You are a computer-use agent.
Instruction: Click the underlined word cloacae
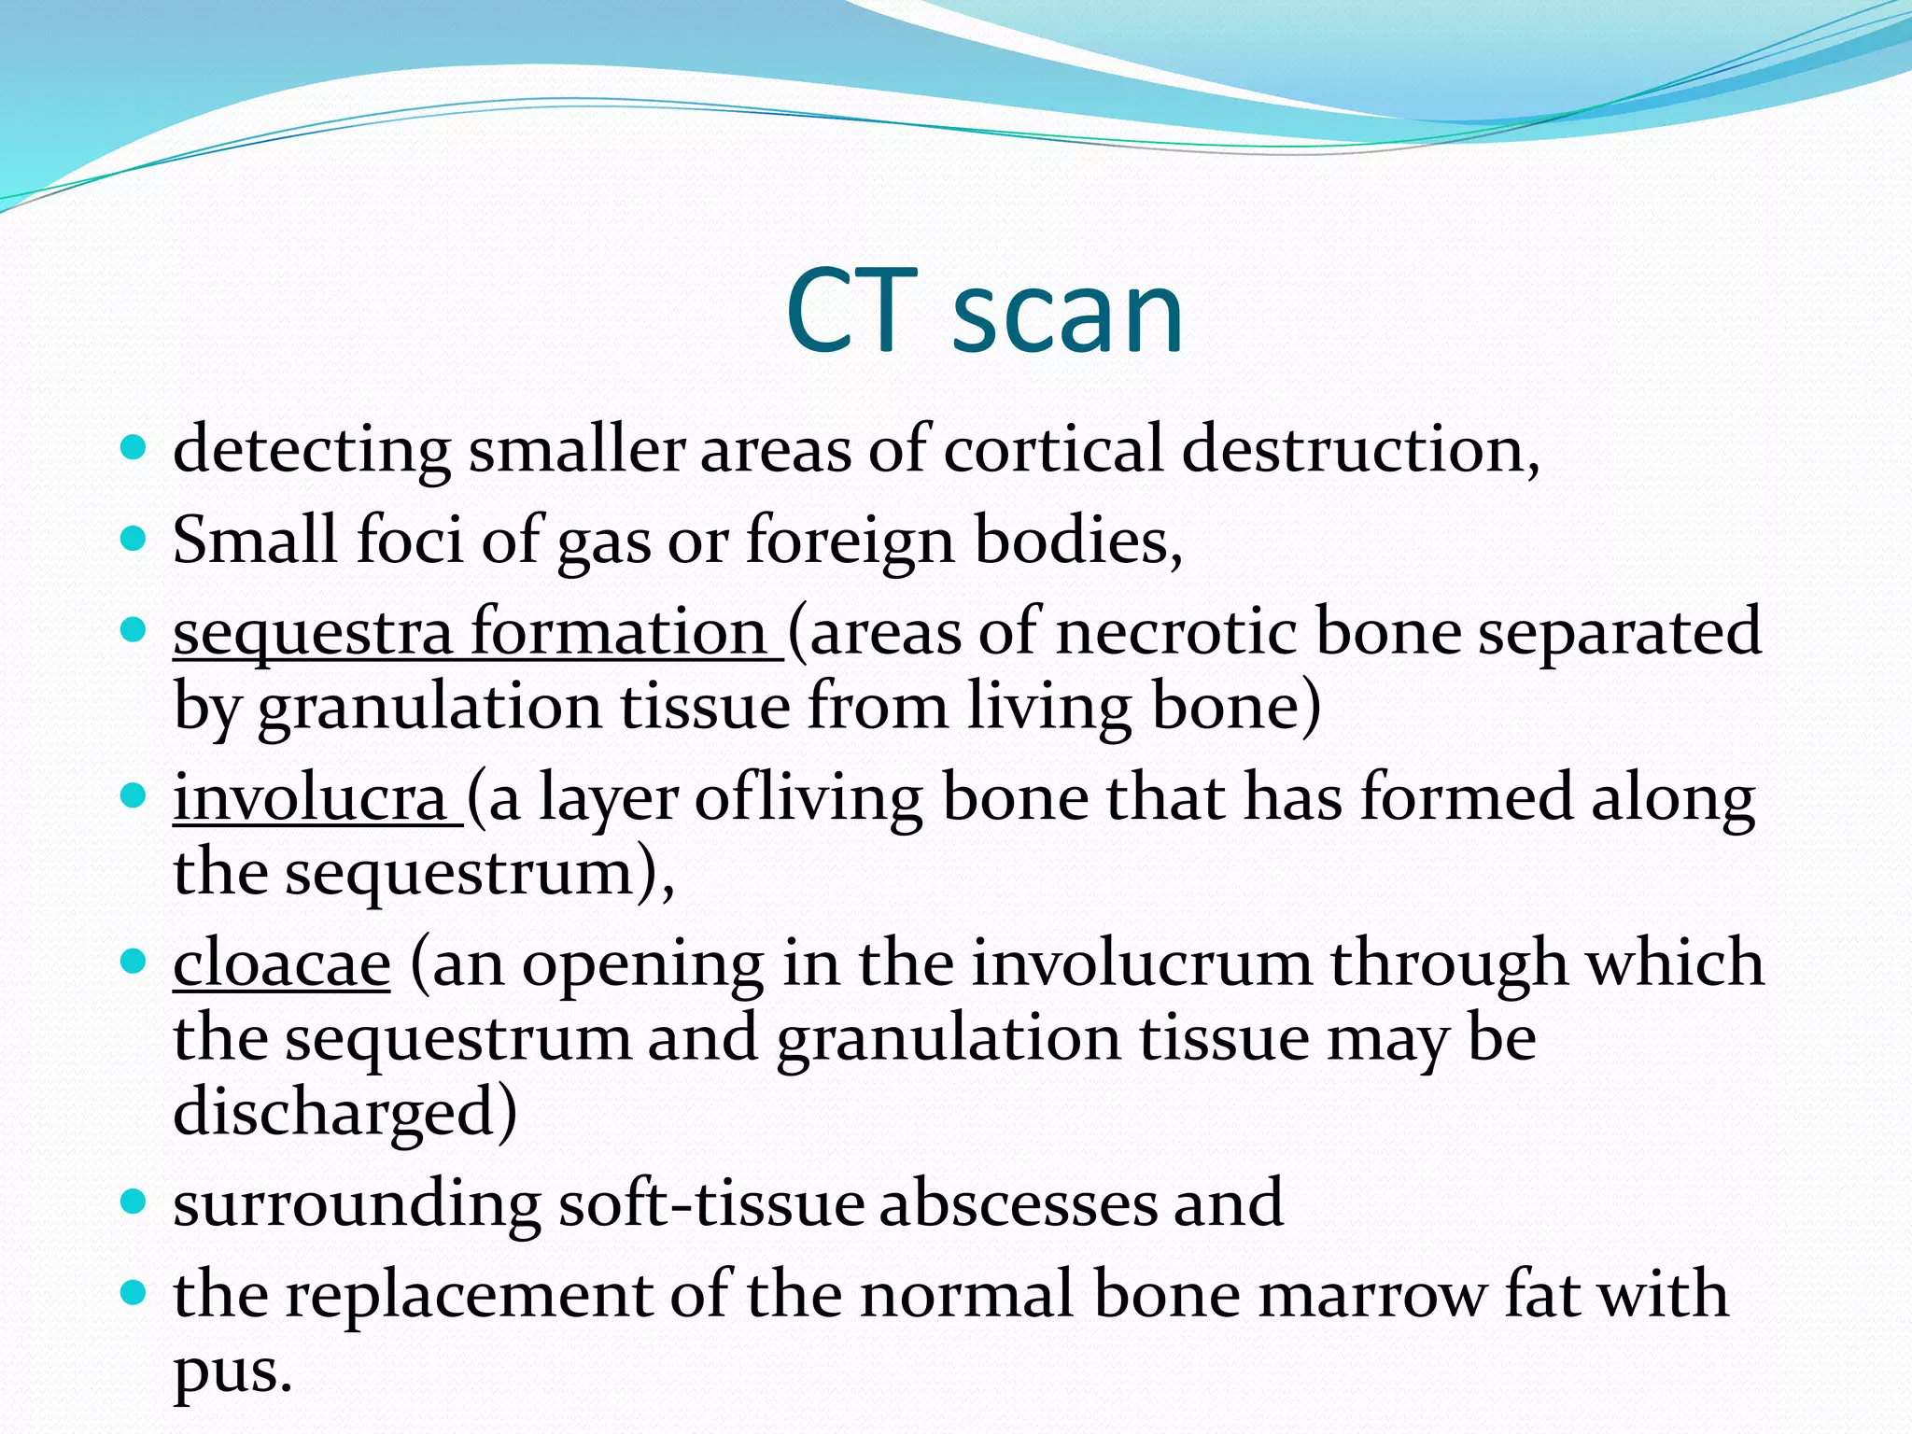click(281, 964)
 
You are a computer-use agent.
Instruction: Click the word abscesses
click(1017, 1203)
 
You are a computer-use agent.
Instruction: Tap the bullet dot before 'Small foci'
click(134, 540)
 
